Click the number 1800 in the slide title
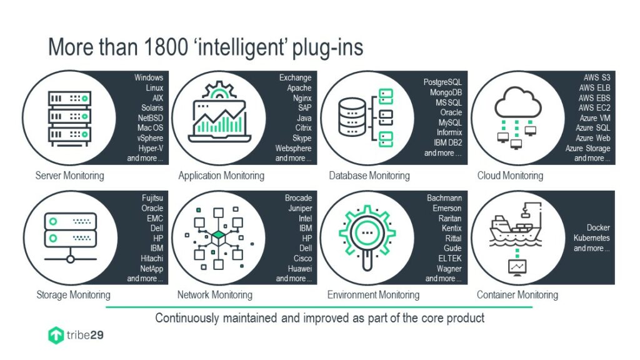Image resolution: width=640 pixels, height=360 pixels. click(x=166, y=47)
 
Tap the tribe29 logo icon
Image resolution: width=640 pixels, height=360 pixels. click(x=56, y=336)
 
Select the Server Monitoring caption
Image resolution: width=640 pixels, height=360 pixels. click(x=70, y=176)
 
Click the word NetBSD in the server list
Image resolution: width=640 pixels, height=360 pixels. click(x=150, y=118)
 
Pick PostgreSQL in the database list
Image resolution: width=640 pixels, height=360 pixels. click(x=442, y=82)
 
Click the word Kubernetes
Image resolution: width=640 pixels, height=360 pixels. click(x=591, y=238)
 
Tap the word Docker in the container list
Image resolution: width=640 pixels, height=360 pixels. click(x=598, y=227)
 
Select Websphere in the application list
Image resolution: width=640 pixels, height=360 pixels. click(x=293, y=148)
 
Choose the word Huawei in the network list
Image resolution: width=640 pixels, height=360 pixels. click(x=299, y=269)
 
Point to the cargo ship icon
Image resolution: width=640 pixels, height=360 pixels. click(x=516, y=226)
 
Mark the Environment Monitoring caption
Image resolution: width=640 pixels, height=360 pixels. click(x=373, y=295)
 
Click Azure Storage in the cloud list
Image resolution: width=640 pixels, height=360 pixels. click(x=587, y=148)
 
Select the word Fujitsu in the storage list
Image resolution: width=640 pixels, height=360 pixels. click(x=152, y=198)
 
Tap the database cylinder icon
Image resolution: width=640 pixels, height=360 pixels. click(x=352, y=117)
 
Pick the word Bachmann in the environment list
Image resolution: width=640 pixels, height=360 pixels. click(x=444, y=198)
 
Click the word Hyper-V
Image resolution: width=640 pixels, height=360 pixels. click(x=151, y=149)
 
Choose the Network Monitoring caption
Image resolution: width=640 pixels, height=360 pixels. click(x=215, y=295)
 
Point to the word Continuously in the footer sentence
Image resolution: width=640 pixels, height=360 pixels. click(x=187, y=318)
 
